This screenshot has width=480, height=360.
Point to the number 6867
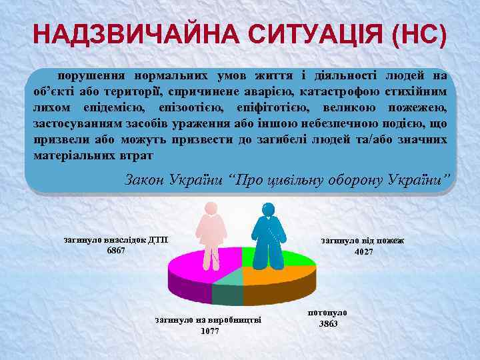[116, 250]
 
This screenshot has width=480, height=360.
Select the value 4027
[364, 251]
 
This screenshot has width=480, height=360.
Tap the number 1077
[209, 331]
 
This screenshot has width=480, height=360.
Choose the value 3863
[328, 323]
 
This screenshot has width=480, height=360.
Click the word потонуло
[328, 312]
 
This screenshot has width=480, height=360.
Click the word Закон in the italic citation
[145, 180]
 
